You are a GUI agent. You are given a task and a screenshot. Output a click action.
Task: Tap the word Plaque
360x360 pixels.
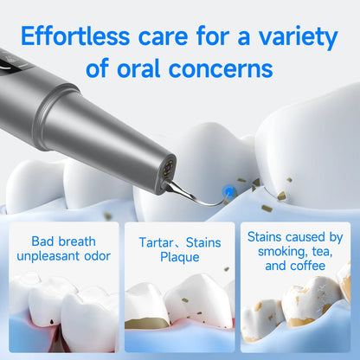click(180, 256)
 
